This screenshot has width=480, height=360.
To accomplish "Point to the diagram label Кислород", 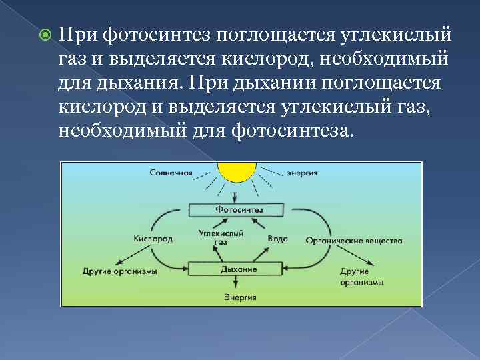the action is pos(153,239).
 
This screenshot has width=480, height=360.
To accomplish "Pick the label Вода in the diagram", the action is pos(277,239).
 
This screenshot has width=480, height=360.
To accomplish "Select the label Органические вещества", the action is pos(353,240).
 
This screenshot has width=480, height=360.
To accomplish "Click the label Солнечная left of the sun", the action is pos(171,173).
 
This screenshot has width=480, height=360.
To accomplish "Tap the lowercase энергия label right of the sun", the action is pos(302,173).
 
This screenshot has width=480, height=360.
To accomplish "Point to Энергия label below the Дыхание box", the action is pos(239,297).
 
